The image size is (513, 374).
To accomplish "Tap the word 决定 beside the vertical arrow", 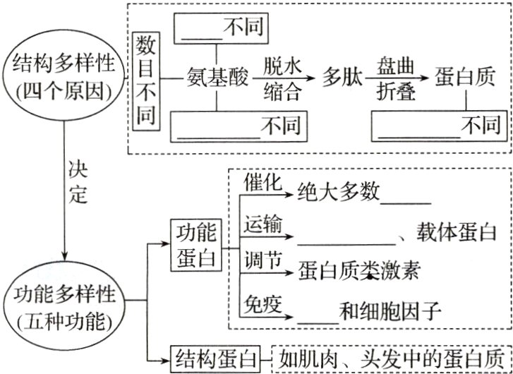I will (78, 181).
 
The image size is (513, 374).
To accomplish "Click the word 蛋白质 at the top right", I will (464, 77).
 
